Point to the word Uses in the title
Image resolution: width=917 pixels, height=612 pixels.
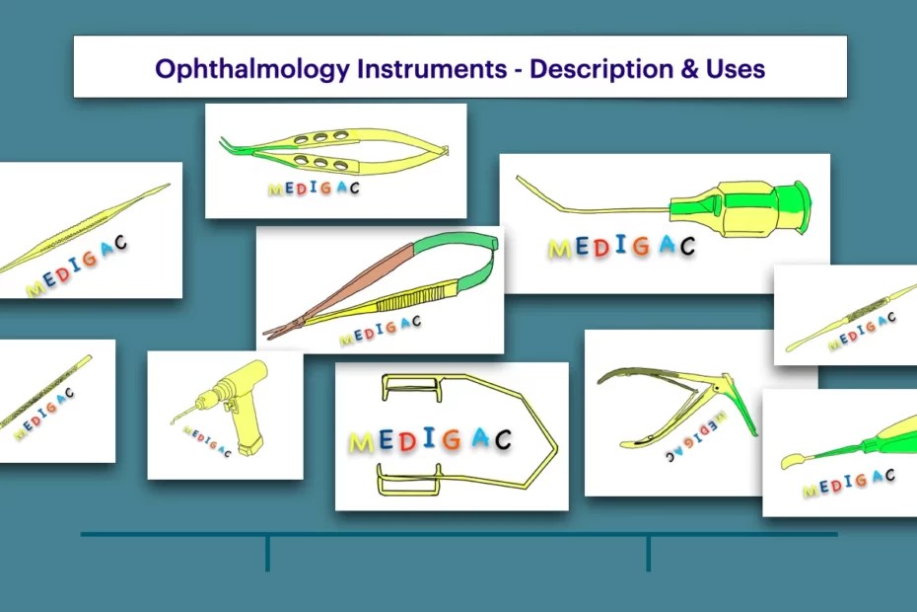[734, 68]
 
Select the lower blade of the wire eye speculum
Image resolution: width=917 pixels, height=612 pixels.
[409, 484]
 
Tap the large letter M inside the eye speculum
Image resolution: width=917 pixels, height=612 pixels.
[362, 443]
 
